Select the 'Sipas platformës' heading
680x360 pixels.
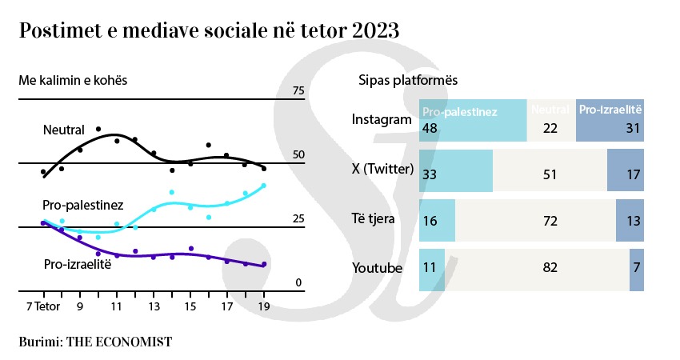coord(407,82)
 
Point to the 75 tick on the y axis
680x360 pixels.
coord(298,91)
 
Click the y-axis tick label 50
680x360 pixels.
coord(298,155)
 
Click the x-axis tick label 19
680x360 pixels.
coord(263,306)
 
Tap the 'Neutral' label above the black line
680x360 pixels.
coord(65,130)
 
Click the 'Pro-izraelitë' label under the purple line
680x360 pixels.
coord(77,264)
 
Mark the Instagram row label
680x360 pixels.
coord(382,120)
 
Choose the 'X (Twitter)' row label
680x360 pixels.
coord(382,169)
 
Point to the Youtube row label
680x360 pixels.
coord(377,268)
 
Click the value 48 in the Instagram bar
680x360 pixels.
coord(430,129)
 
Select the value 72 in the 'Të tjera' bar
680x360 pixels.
coord(550,221)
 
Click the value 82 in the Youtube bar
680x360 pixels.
coord(550,268)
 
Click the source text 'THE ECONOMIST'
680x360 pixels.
coord(118,341)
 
